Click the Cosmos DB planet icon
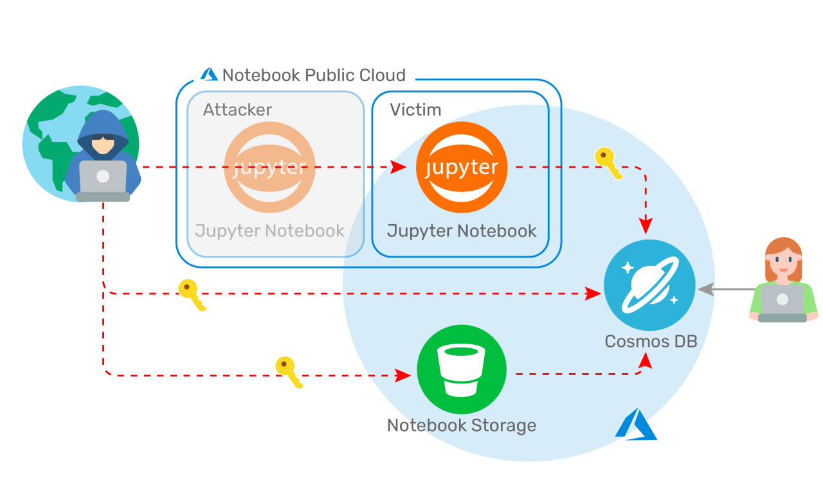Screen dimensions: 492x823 point(649,285)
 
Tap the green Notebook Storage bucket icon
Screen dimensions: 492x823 point(462,371)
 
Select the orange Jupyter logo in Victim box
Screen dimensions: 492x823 point(462,168)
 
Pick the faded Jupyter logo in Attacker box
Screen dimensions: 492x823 point(269,168)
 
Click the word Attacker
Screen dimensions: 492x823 point(237,110)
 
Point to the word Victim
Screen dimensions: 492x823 point(415,110)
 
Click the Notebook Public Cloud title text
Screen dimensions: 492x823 point(314,75)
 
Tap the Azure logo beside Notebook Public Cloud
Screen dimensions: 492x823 point(209,75)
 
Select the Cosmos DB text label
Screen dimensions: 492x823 point(651,341)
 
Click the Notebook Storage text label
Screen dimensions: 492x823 point(462,425)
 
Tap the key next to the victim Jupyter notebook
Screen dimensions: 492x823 point(608,163)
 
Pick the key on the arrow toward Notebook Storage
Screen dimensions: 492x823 point(289,372)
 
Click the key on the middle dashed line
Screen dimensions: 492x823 point(192,295)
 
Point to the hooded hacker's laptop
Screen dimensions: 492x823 point(103,179)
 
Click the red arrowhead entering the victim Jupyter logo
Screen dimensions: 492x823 point(399,168)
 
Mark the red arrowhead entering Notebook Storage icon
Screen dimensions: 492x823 point(403,375)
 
